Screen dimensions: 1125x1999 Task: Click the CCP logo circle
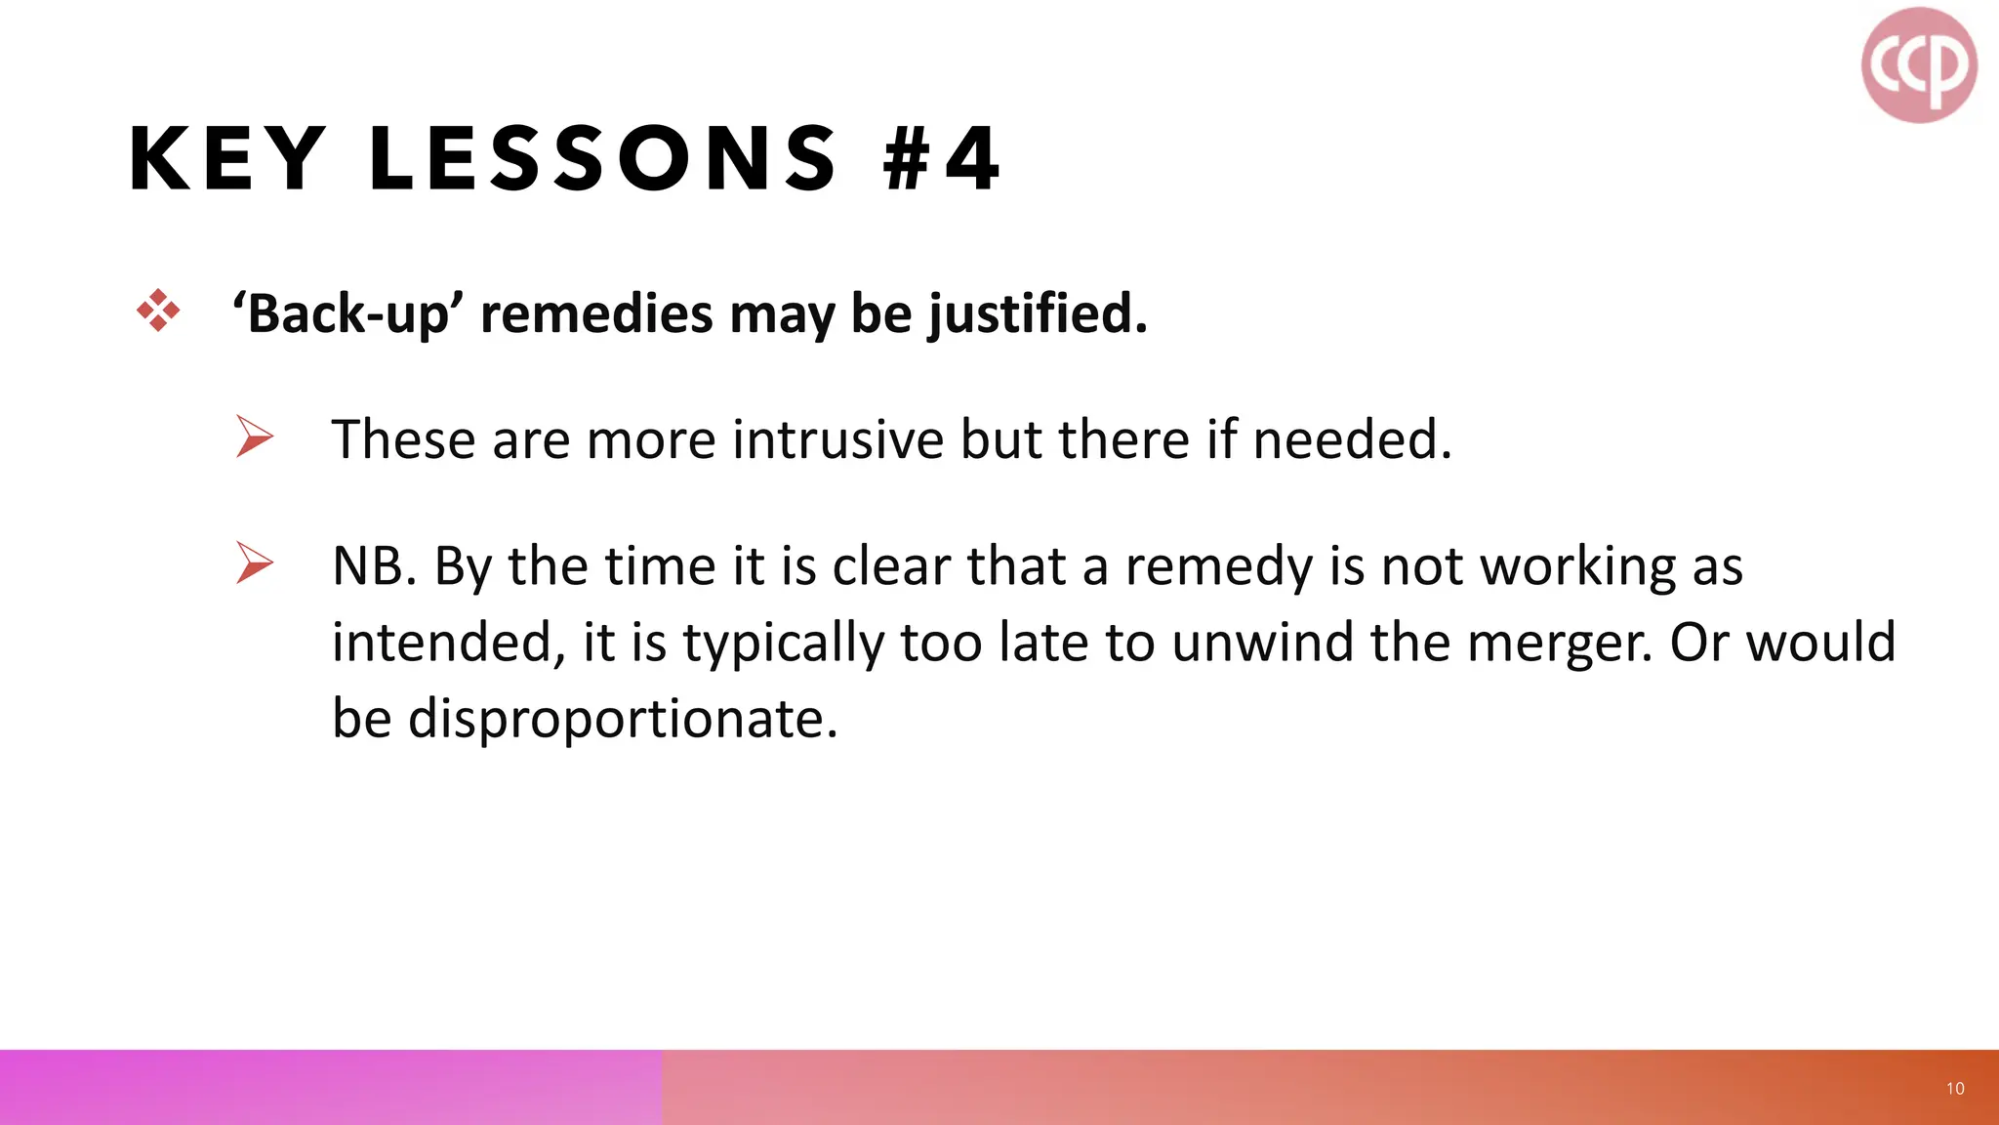[x=1919, y=65]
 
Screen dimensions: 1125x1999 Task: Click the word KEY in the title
[x=227, y=159]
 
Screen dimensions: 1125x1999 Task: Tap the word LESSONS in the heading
[x=603, y=159]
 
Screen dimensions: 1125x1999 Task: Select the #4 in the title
[x=941, y=159]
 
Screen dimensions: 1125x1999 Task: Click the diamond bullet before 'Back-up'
[x=158, y=312]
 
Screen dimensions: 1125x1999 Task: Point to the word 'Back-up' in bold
[x=353, y=314]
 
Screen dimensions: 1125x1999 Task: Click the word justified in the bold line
[x=1037, y=314]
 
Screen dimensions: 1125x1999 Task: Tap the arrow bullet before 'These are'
[x=255, y=437]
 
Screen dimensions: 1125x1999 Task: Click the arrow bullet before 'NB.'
[x=255, y=563]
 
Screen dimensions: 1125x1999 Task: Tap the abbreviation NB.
[x=374, y=566]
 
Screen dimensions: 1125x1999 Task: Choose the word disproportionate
[x=623, y=719]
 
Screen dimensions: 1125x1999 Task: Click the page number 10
[x=1955, y=1089]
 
